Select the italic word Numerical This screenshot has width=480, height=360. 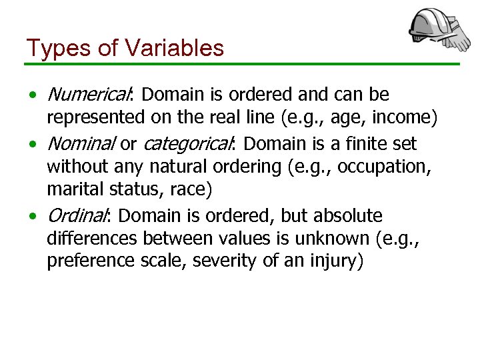point(91,95)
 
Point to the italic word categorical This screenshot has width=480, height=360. point(187,143)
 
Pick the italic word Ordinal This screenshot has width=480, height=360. point(75,216)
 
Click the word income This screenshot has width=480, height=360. point(402,117)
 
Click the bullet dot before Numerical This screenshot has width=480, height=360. point(33,95)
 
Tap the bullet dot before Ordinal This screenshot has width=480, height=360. point(33,217)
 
